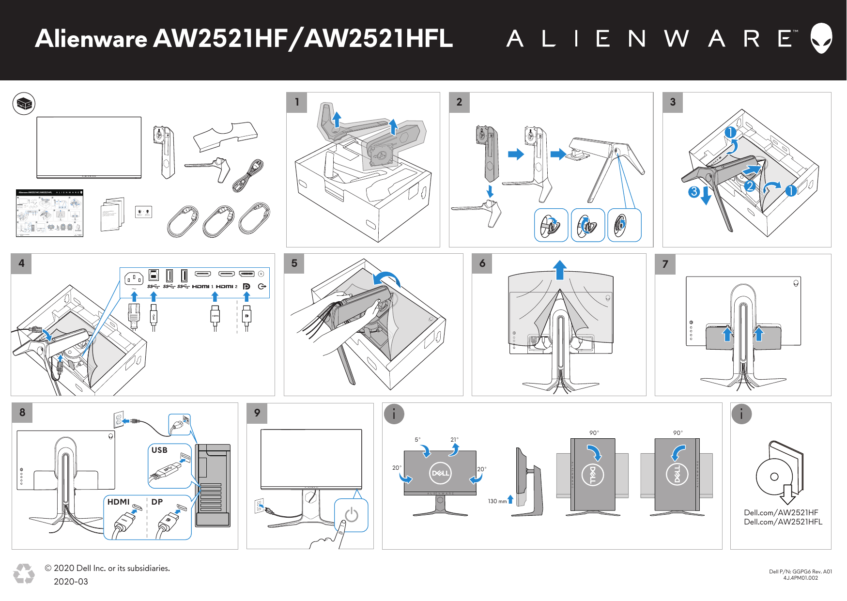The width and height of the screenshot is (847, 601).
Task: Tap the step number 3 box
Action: point(672,102)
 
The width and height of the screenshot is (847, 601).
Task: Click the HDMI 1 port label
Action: point(202,287)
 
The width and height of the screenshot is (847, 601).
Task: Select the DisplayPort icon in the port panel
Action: point(246,287)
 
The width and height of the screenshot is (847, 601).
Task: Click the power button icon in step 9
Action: point(352,515)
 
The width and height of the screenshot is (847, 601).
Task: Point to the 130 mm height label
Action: point(497,501)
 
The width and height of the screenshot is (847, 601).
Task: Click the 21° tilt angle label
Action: point(454,440)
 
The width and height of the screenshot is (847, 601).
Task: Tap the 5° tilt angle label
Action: point(417,440)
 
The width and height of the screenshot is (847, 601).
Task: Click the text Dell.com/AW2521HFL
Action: point(783,522)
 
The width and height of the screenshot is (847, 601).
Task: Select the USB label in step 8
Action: point(159,450)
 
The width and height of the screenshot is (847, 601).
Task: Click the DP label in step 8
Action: point(157,502)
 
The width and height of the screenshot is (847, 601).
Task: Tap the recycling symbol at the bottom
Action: point(24,573)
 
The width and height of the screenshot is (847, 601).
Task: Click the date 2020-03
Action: point(71,582)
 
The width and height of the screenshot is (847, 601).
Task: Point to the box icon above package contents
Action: point(24,104)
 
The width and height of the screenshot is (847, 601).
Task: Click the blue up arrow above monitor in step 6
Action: point(560,270)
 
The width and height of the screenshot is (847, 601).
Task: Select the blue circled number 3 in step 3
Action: point(693,192)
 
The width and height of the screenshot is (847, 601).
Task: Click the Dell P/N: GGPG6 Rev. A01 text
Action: point(800,571)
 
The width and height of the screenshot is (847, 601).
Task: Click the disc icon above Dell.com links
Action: point(774,477)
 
